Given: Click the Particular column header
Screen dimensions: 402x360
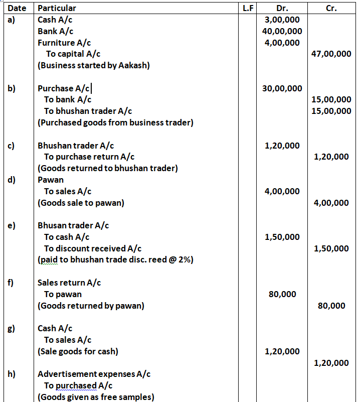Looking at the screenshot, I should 57,8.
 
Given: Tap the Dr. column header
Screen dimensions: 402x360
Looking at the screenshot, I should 282,8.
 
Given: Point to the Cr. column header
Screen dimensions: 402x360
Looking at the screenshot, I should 331,8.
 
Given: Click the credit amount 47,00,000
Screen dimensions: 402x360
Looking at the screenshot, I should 331,54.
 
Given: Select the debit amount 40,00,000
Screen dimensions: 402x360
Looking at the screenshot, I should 282,31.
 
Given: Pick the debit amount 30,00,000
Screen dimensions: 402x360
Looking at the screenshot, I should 282,89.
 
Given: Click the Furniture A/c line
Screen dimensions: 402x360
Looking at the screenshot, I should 64,43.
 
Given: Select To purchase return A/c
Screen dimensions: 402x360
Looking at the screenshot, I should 89,157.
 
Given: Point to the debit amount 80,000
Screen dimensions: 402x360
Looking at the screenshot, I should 282,295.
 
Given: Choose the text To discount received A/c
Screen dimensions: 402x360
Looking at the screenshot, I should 93,249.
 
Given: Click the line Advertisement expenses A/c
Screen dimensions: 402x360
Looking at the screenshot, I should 94,374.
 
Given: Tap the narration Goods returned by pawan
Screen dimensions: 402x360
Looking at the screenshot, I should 91,306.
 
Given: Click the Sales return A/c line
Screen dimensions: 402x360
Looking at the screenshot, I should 69,283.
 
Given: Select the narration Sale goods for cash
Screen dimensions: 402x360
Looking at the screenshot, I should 78,351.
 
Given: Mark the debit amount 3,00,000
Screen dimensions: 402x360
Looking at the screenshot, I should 282,20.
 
